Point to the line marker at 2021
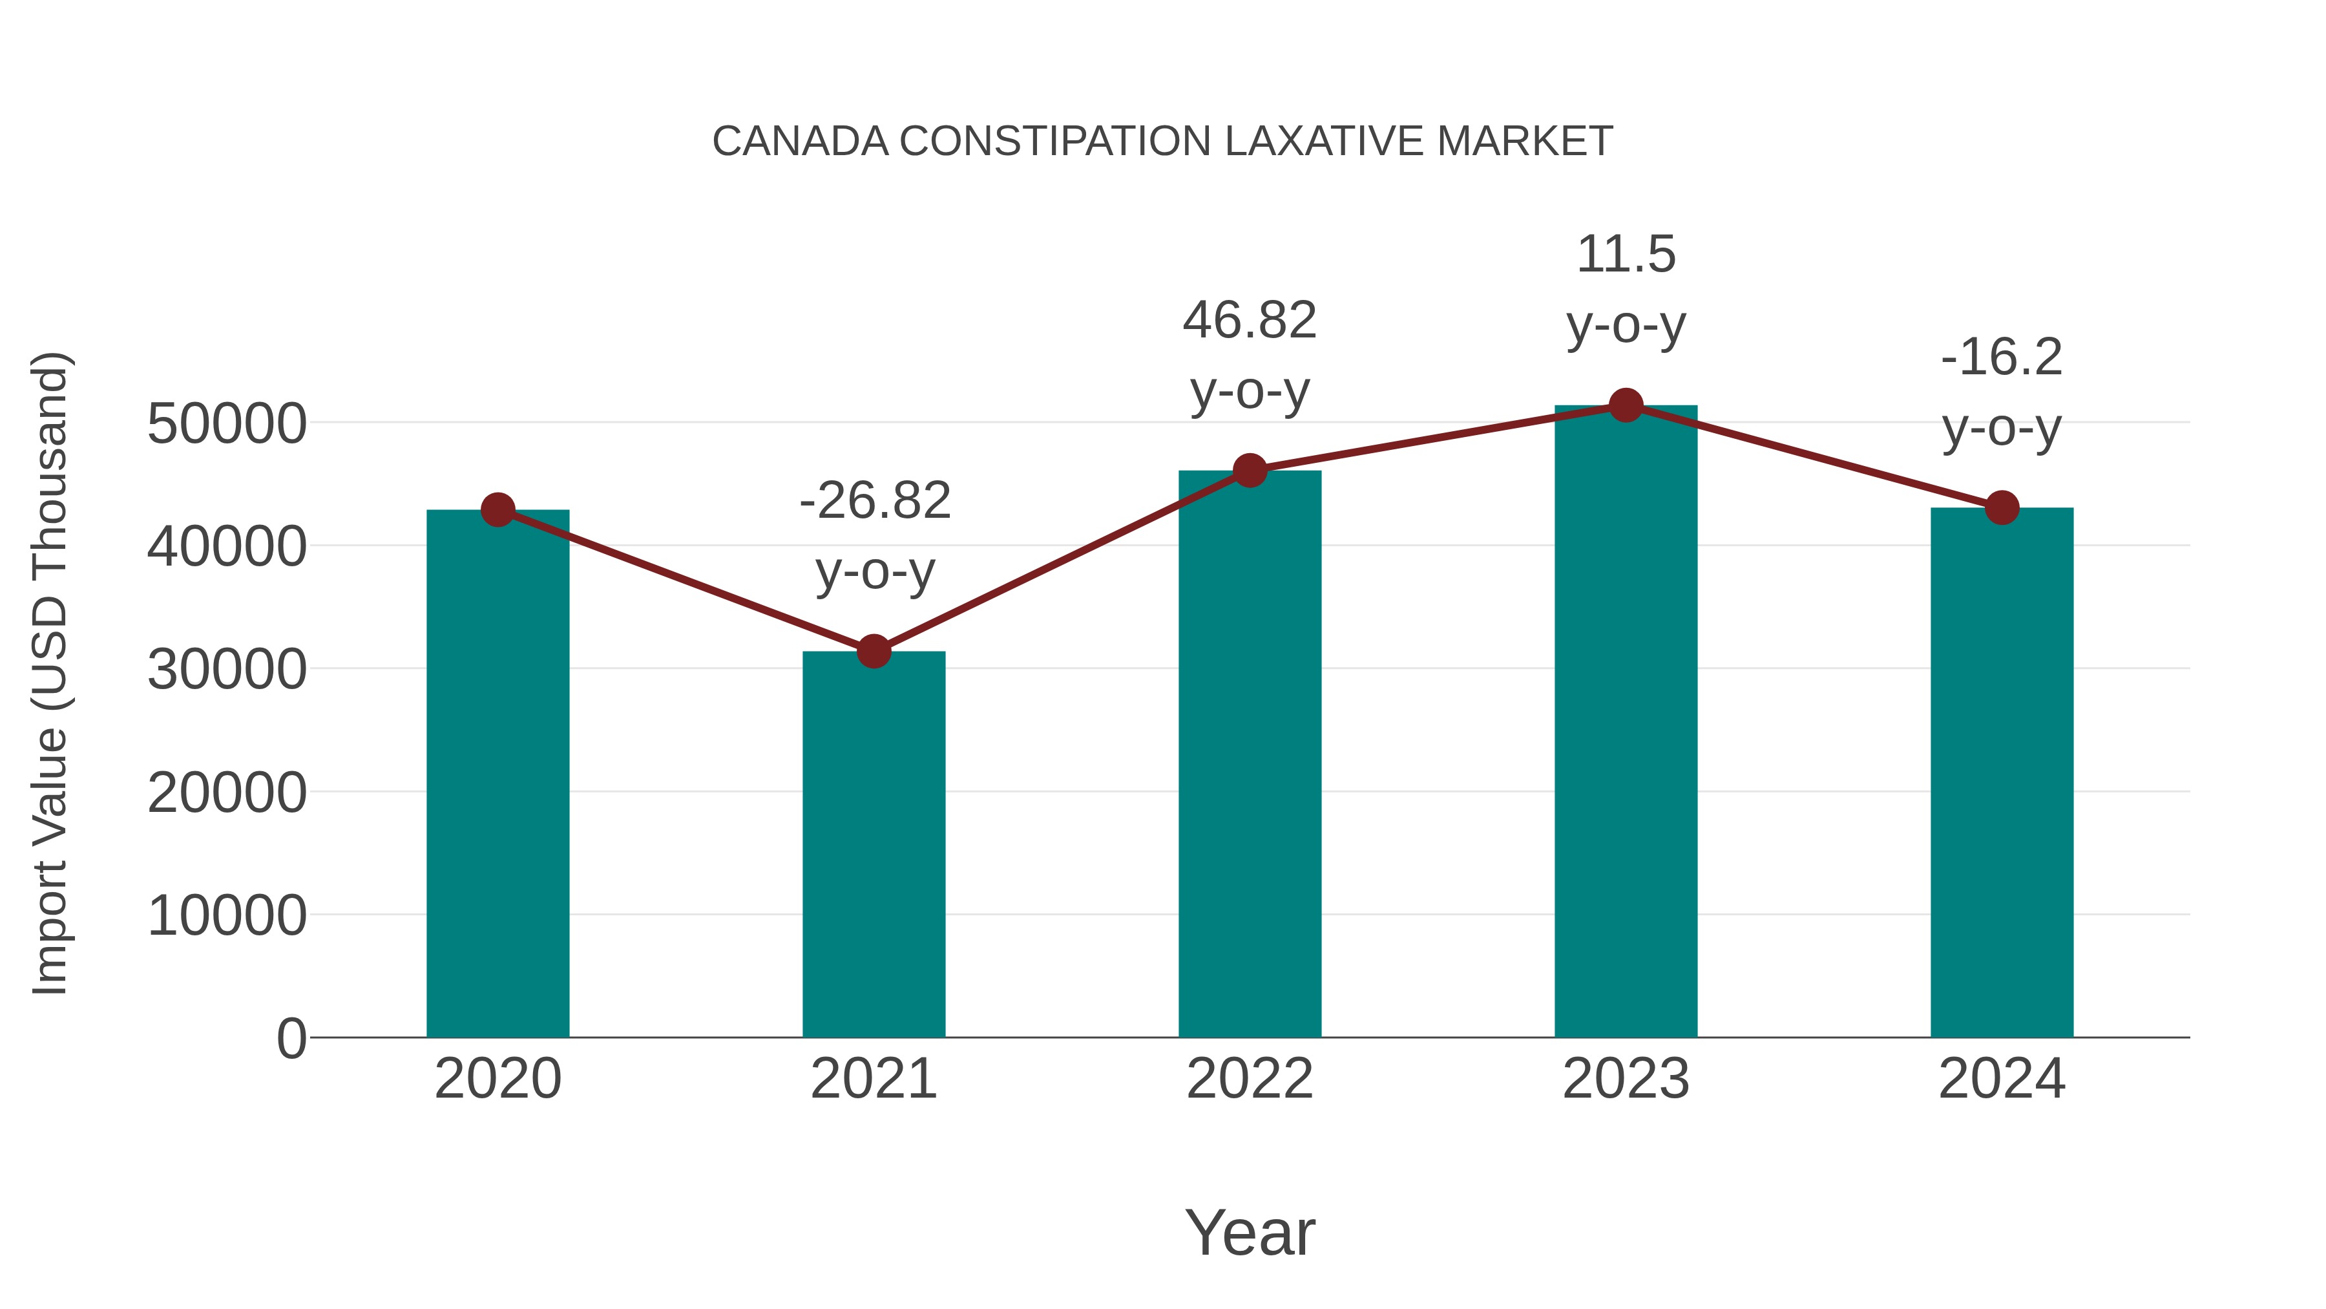[873, 650]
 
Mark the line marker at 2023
[1626, 405]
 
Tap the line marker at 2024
[2002, 507]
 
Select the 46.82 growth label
[1250, 321]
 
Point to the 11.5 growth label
[1626, 255]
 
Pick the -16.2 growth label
[2002, 357]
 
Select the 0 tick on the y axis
[291, 1038]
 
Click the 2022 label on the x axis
[1250, 1079]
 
